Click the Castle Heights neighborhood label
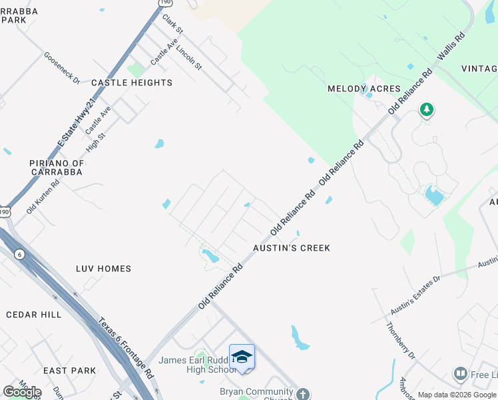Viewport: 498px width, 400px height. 132,83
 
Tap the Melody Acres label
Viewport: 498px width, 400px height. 364,89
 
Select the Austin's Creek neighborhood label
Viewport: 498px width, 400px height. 292,248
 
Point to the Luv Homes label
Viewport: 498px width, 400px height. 103,269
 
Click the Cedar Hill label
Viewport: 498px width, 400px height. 33,315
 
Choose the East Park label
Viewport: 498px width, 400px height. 70,371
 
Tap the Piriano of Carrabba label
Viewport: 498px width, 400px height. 57,167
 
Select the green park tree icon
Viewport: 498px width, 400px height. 426,109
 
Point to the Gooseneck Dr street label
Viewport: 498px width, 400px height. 62,68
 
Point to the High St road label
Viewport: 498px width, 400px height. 97,143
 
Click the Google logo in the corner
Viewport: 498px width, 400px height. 22,392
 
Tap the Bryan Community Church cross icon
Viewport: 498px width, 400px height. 303,393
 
